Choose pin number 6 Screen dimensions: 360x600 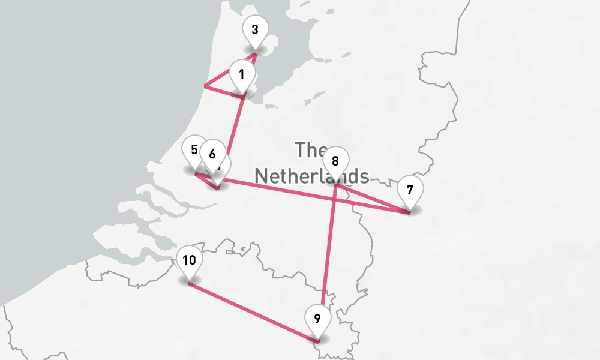coord(212,154)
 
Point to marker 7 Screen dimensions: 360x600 coord(410,191)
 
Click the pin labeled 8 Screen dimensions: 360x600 coord(335,161)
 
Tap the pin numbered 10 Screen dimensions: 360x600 coord(190,260)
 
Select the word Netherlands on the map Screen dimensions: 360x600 coord(311,176)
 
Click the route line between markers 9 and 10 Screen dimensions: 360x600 coord(252,312)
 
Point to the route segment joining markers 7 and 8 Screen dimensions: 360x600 coord(372,199)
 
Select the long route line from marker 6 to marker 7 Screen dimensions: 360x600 coord(282,190)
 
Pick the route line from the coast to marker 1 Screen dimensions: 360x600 coord(223,91)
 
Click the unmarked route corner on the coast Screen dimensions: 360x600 coord(205,86)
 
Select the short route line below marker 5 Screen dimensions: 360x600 coord(206,179)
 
